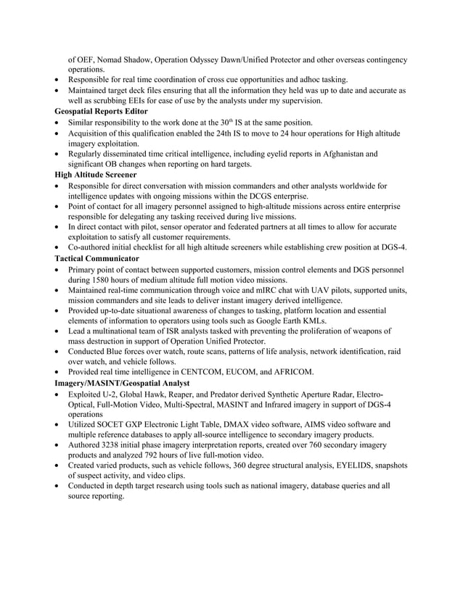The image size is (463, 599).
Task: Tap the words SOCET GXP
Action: [x=127, y=424]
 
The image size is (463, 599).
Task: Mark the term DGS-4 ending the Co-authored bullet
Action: [x=391, y=247]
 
